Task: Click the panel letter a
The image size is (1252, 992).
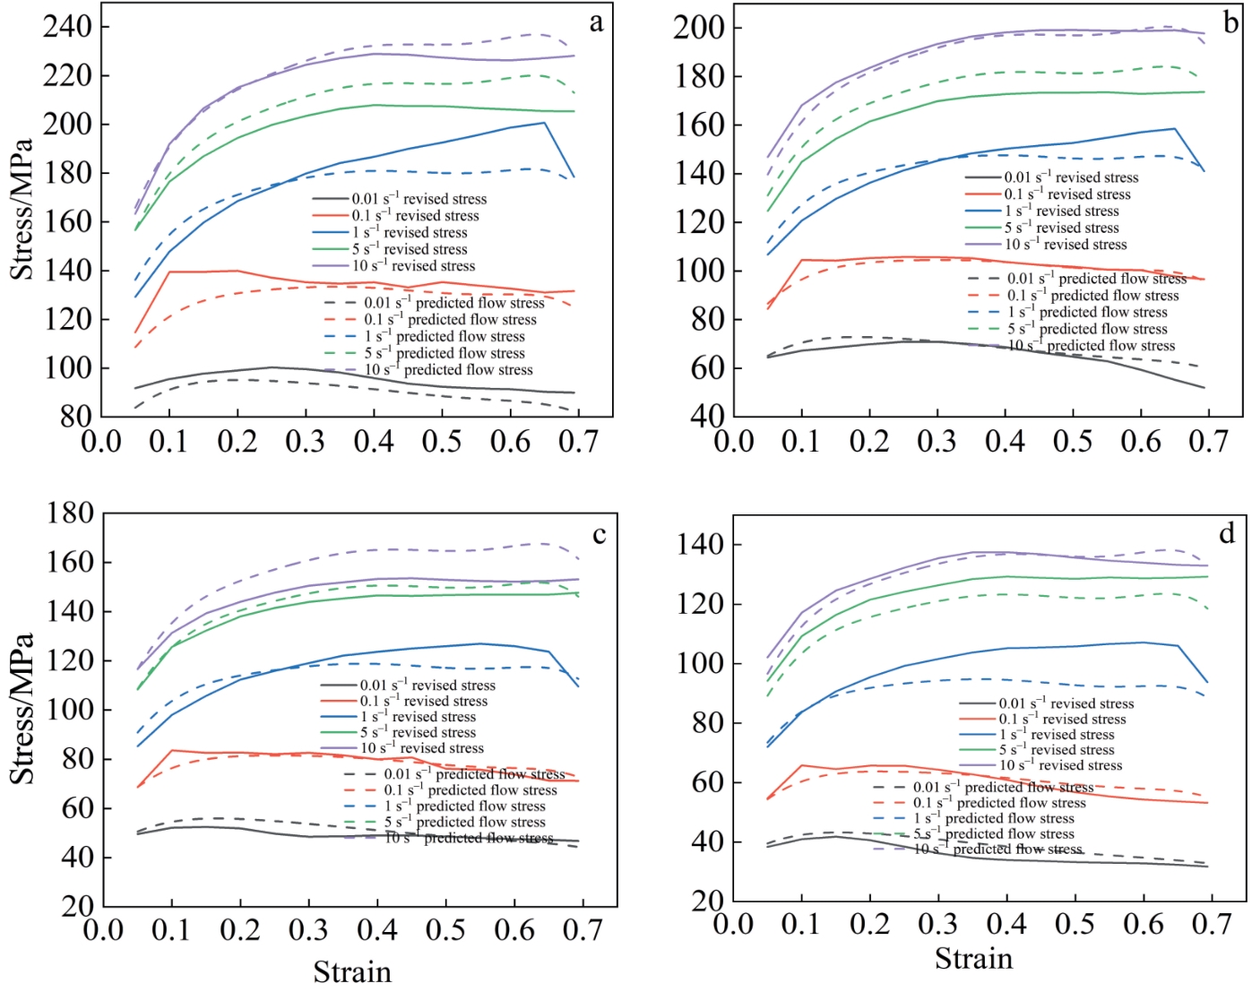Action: (x=596, y=23)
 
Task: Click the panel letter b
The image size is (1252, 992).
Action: (x=1230, y=23)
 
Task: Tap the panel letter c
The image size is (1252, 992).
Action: (x=599, y=535)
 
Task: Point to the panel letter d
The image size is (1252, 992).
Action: (x=1226, y=534)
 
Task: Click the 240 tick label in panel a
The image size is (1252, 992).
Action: (x=67, y=27)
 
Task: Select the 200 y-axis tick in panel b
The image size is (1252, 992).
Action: (x=698, y=28)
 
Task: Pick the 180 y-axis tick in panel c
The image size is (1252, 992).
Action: (x=70, y=513)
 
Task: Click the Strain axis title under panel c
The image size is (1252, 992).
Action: (x=352, y=971)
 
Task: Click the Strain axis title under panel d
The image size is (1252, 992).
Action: (x=973, y=959)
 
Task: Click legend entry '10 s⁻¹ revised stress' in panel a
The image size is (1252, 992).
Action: (x=413, y=266)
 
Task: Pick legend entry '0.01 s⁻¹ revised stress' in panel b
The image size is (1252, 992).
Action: (x=1071, y=177)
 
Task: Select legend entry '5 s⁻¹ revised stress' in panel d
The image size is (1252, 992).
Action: (x=1057, y=750)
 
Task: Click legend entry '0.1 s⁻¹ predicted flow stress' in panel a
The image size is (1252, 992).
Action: (x=450, y=320)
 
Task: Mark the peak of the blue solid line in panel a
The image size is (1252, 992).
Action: (x=544, y=123)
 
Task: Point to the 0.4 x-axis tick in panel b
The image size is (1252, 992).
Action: (x=1005, y=441)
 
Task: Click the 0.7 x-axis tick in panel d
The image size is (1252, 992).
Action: (x=1212, y=924)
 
